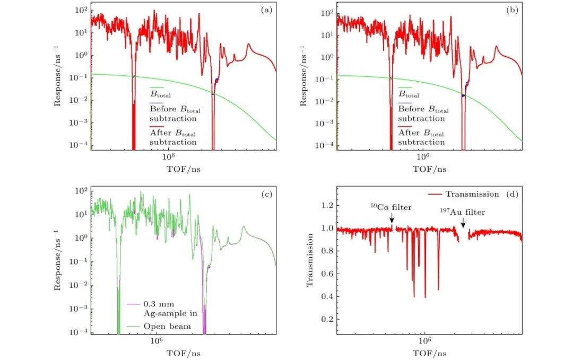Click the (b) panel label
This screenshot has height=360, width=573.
(513, 9)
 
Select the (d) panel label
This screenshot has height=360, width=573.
(513, 194)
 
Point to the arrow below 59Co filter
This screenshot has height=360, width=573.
(392, 218)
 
